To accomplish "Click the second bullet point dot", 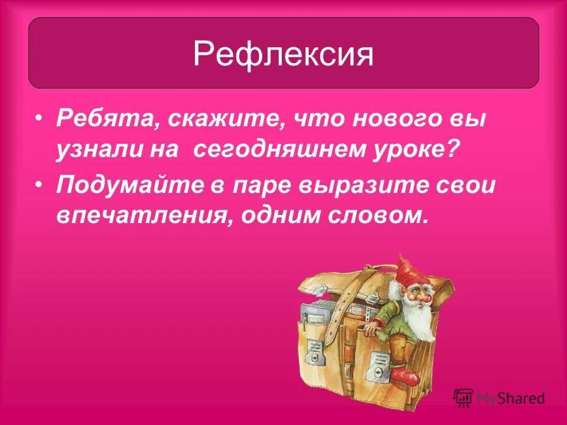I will [x=39, y=184].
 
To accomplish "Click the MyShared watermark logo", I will [x=499, y=398].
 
